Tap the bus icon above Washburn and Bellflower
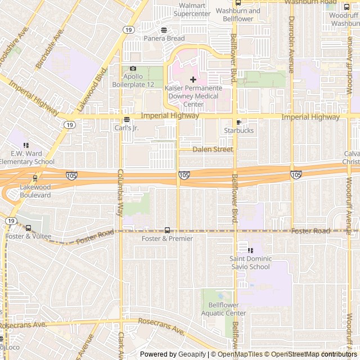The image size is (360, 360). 238,2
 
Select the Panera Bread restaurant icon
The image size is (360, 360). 164,30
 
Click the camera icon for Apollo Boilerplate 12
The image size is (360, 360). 133,69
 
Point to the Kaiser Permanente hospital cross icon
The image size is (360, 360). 193,79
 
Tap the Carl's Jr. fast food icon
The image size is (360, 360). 127,119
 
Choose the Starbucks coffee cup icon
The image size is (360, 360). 239,122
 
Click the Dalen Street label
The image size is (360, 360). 213,150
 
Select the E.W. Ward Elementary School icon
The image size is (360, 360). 26,145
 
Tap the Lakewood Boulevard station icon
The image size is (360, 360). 35,178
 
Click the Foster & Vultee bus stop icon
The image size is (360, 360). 29,228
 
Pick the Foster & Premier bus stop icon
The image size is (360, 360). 167,230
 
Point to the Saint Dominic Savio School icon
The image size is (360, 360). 250,250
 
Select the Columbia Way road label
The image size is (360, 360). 120,192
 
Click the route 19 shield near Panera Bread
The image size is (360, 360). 129,30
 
